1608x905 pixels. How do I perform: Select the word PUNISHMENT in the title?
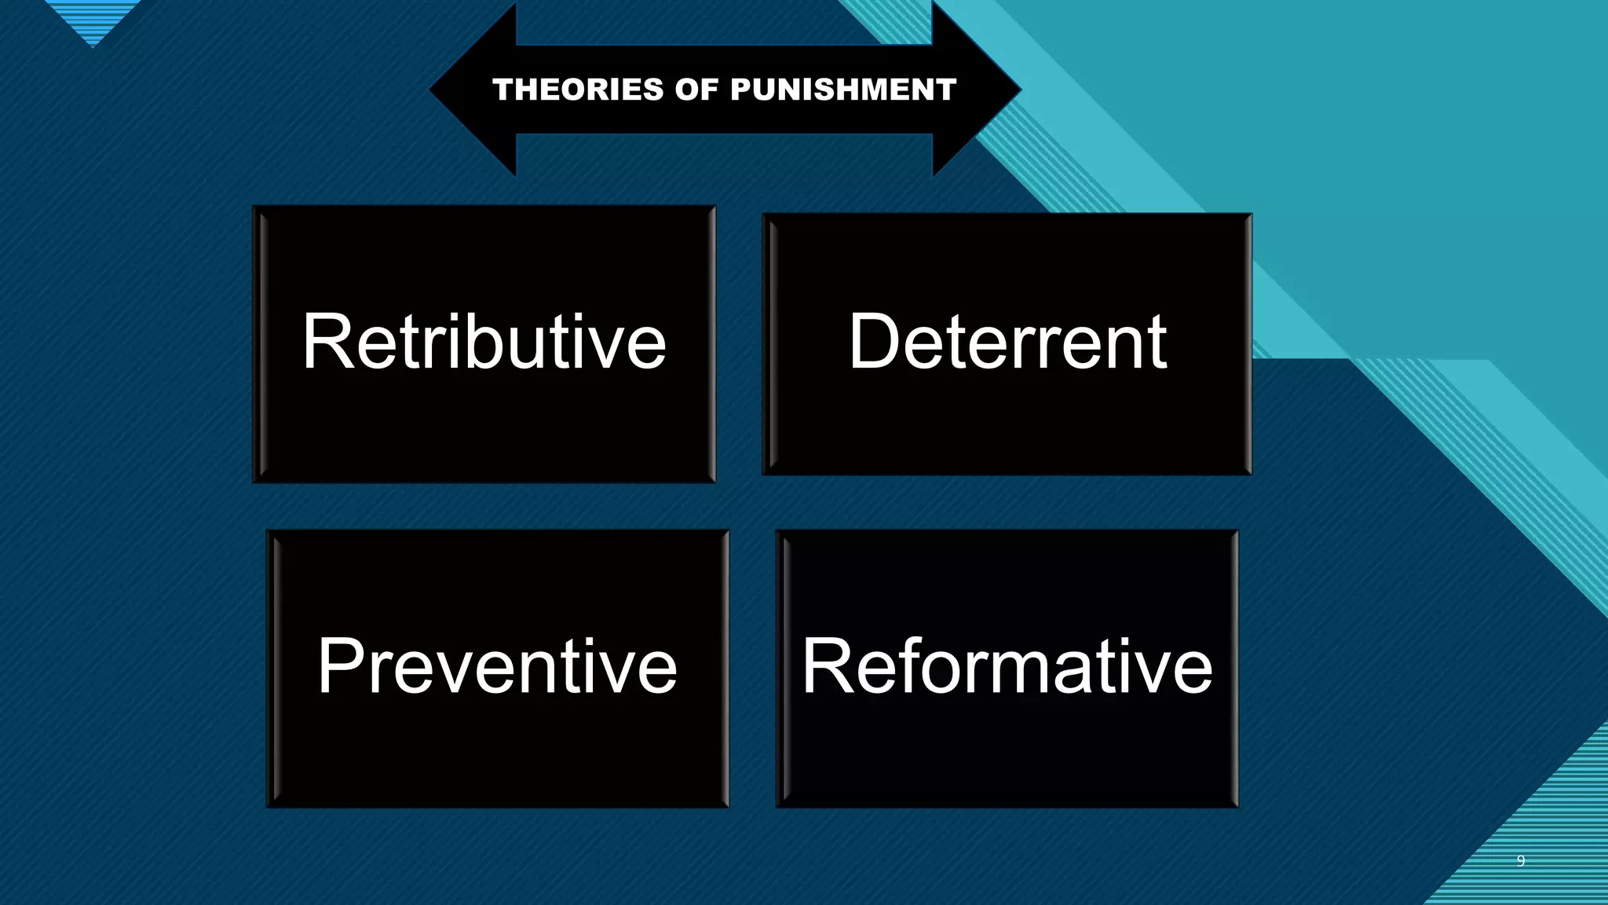[843, 90]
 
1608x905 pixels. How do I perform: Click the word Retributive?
[484, 342]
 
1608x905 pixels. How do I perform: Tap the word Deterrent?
[1007, 342]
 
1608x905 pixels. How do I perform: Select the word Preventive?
[497, 667]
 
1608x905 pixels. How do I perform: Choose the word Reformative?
[1007, 667]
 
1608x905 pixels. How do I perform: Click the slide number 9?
[1521, 861]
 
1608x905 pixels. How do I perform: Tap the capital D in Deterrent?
[874, 342]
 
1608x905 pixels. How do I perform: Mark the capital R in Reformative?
[825, 667]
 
